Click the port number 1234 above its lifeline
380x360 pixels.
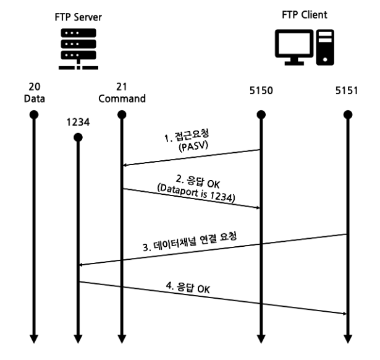pyautogui.click(x=78, y=122)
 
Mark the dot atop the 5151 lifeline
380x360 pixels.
pyautogui.click(x=347, y=114)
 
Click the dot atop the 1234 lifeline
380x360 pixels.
pyautogui.click(x=78, y=136)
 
